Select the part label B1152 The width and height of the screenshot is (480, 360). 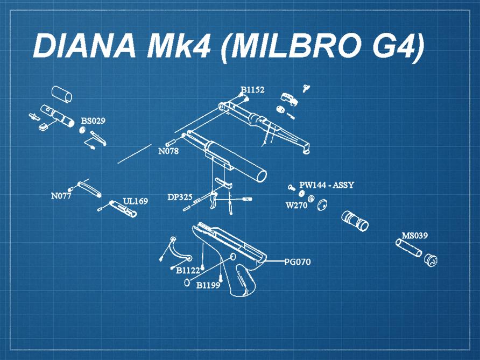click(252, 90)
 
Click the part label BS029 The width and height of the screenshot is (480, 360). click(93, 121)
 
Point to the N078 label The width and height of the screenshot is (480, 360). click(168, 151)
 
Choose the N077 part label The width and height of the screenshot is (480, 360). click(61, 196)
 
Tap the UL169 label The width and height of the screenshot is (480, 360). click(135, 201)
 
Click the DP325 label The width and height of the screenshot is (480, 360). click(180, 197)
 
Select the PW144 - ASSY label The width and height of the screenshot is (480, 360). click(327, 185)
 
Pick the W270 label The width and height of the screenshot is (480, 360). click(296, 205)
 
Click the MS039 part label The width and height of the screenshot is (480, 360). click(415, 236)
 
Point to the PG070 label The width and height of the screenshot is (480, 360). click(298, 262)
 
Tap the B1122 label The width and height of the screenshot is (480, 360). click(188, 270)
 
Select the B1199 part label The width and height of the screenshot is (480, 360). click(208, 285)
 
